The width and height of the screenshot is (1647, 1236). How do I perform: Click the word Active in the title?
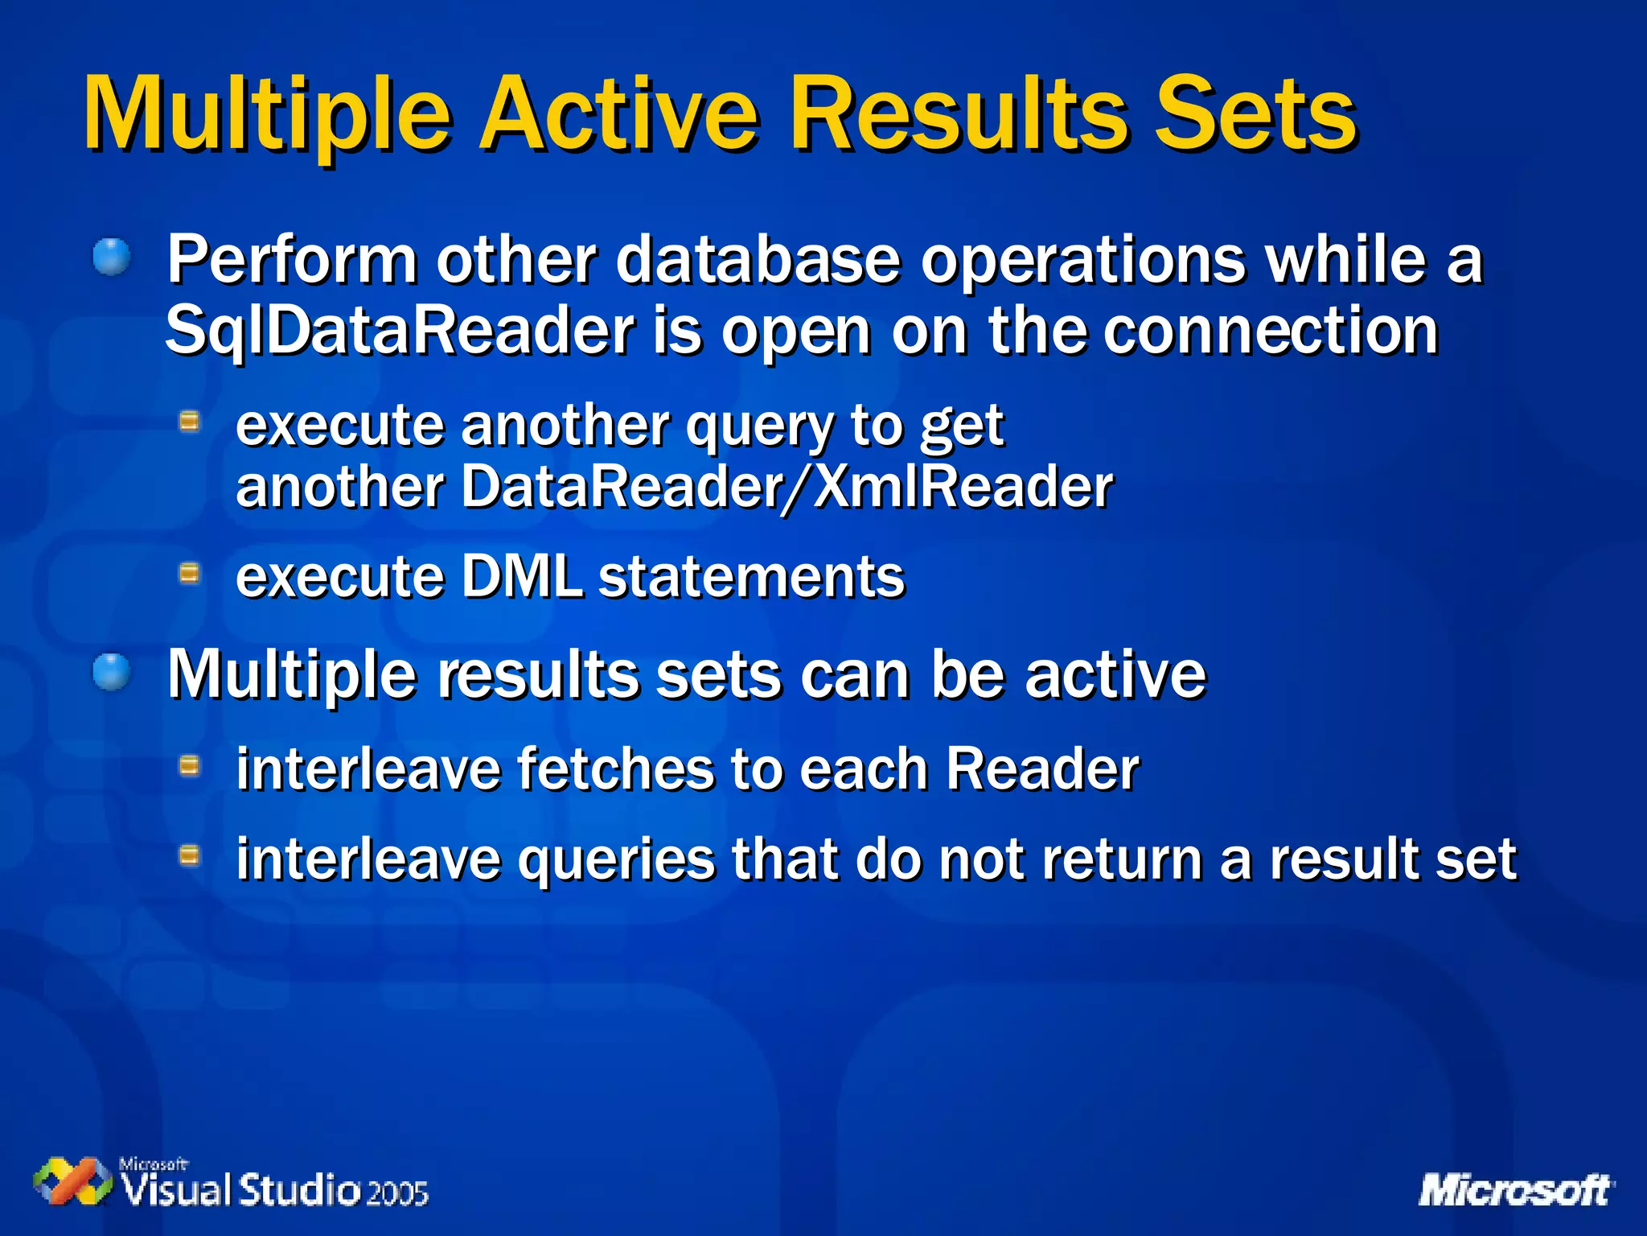tap(618, 114)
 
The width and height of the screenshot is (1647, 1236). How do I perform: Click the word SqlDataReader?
tap(400, 331)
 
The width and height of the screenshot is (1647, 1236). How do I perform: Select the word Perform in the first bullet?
tap(291, 261)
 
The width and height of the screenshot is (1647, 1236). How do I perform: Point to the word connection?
tap(1270, 331)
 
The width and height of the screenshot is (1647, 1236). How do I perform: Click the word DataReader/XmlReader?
tap(787, 488)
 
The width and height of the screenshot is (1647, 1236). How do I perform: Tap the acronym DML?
tap(521, 577)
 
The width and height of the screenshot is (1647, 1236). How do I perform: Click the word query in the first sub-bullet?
tap(759, 426)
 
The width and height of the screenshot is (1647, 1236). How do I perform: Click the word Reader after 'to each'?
tap(1041, 769)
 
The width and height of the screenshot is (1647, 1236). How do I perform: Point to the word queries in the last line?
tap(615, 859)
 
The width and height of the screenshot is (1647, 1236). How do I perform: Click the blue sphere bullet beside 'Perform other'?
tap(111, 257)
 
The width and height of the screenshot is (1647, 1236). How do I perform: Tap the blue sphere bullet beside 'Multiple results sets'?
tap(111, 672)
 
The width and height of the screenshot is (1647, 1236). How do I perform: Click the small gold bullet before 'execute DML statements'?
tap(189, 573)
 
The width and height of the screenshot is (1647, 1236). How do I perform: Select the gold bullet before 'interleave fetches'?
tap(189, 765)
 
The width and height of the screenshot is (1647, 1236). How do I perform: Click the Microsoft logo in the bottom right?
tap(1515, 1190)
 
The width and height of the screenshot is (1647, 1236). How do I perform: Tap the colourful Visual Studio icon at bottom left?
tap(72, 1182)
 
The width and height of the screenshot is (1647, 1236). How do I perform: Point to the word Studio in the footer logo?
tap(300, 1189)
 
